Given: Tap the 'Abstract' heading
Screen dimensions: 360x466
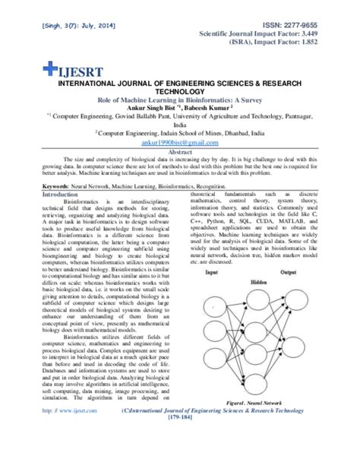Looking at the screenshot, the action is pos(179,150).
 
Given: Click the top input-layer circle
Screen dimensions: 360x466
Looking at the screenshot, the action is pos(213,297).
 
